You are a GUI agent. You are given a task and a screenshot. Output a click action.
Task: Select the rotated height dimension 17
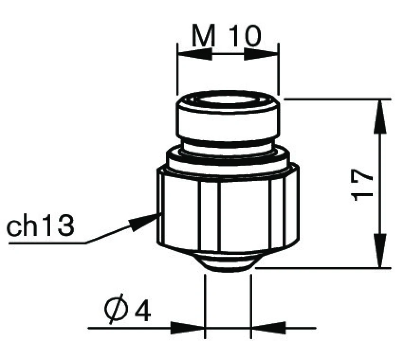pyautogui.click(x=364, y=184)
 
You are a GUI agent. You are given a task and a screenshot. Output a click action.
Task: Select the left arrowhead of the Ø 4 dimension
pyautogui.click(x=187, y=327)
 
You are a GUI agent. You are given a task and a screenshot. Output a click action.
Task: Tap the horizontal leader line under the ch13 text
pyautogui.click(x=47, y=243)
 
